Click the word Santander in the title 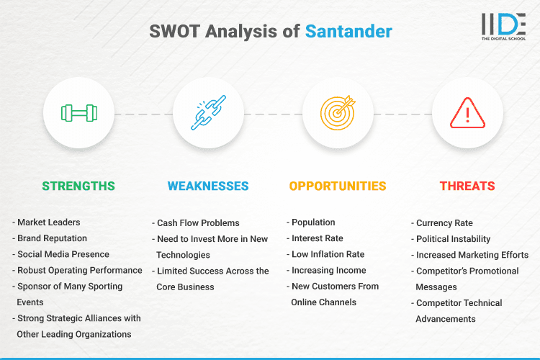tap(348, 32)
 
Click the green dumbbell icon tap(78, 113)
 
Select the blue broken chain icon tap(208, 113)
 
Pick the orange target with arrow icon tap(338, 113)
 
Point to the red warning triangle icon tap(467, 113)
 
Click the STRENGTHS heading tap(78, 186)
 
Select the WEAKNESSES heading tap(208, 186)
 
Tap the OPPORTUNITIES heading tap(338, 186)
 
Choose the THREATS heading tap(467, 186)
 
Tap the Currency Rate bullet tap(445, 223)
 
